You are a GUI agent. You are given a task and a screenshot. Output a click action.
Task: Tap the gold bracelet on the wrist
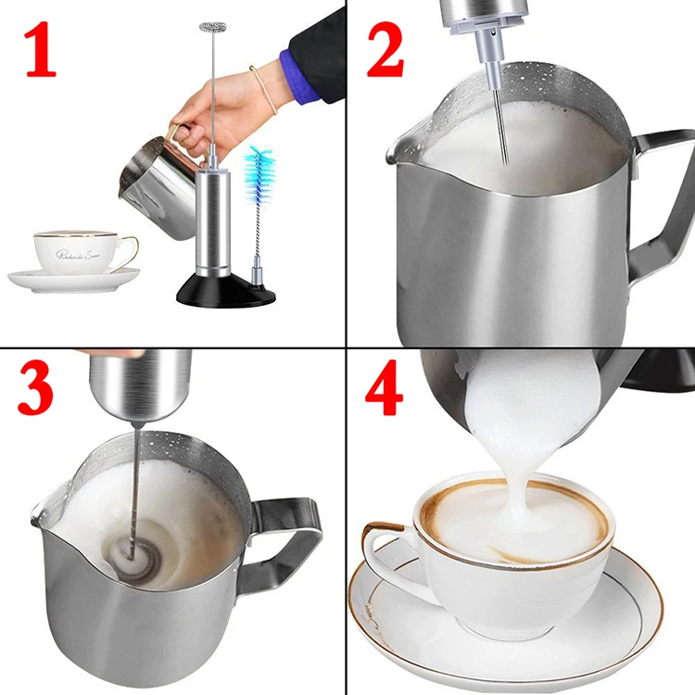pyautogui.click(x=265, y=91)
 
